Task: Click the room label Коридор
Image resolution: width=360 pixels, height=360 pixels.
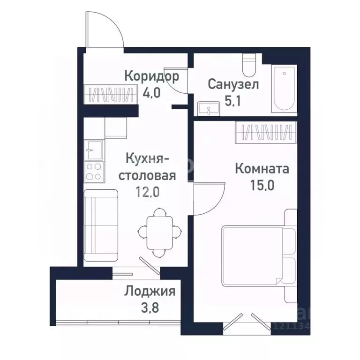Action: pos(152,76)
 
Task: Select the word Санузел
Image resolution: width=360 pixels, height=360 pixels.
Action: pos(233,85)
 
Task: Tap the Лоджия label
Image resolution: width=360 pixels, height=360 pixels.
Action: pos(150,292)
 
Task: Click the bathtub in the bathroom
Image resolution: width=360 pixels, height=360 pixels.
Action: pos(284,89)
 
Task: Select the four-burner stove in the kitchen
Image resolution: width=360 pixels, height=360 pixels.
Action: pos(93,171)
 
